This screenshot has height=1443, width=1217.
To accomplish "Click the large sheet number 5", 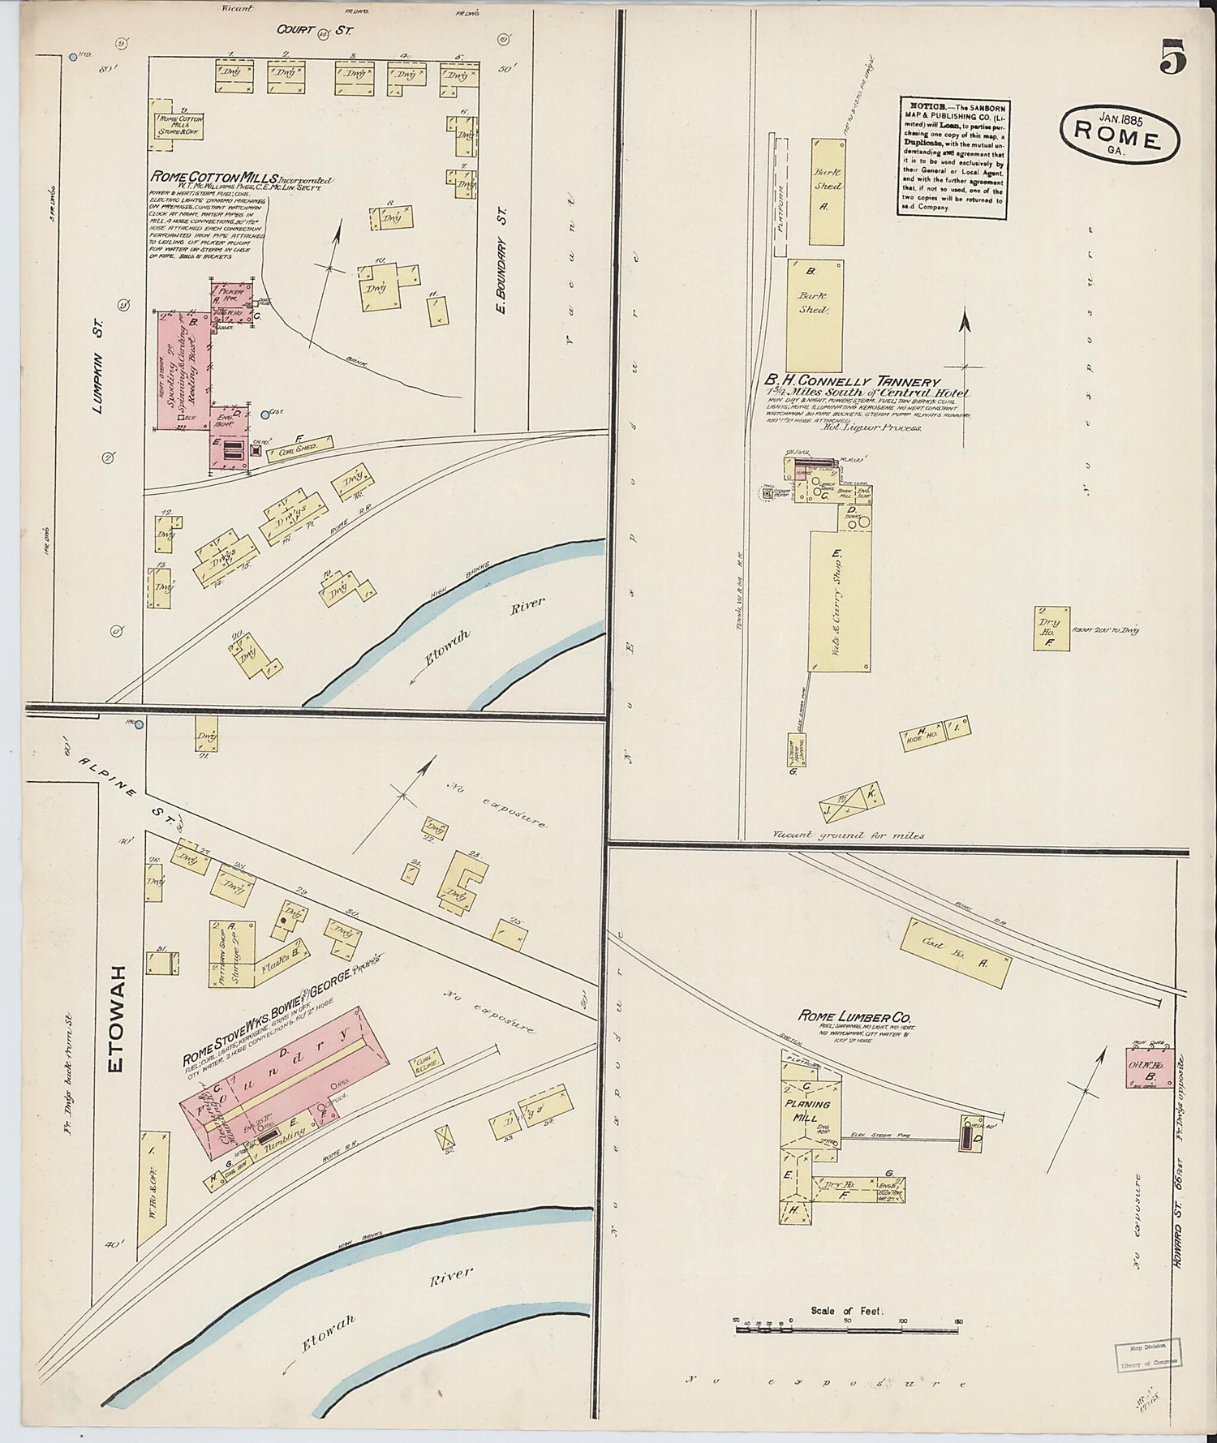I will pos(1173,58).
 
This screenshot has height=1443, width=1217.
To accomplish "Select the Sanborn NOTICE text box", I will pos(953,157).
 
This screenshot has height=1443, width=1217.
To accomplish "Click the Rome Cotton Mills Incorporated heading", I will pos(241,177).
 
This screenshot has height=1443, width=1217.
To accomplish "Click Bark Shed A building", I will pos(828,191).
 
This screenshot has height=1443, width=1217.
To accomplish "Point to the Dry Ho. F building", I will pos(1050,629).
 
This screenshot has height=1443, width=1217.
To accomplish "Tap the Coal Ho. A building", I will pos(959,953).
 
